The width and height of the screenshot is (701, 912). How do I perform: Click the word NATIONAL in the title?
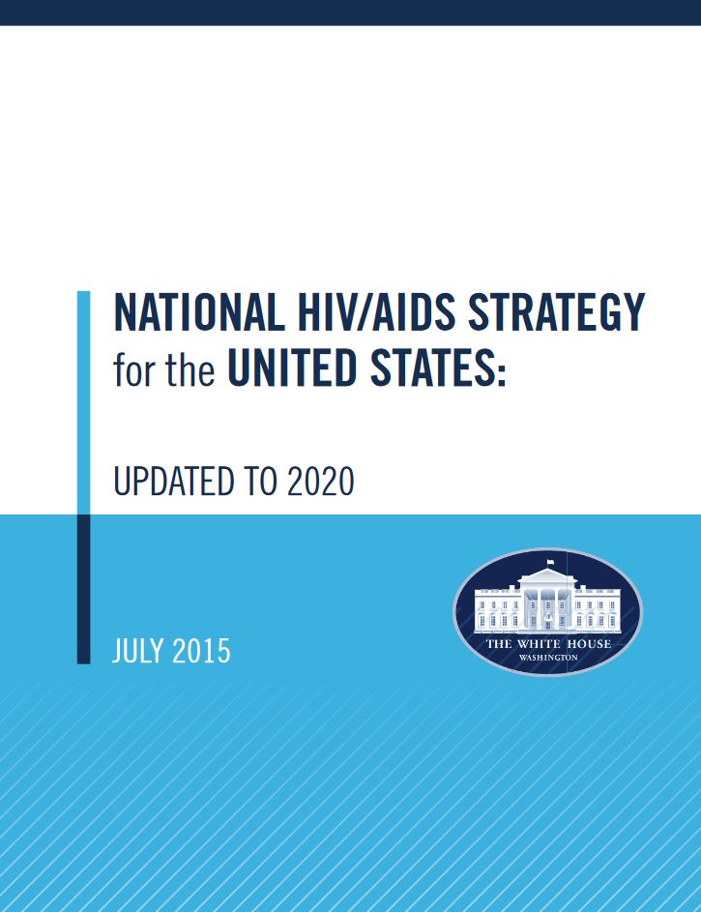pos(199,312)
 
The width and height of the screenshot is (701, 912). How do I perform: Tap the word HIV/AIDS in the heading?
pos(376,312)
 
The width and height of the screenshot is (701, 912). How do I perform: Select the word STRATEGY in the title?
pos(556,312)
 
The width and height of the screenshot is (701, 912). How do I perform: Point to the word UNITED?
pos(292,368)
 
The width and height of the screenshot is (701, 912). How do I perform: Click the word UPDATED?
pos(174,482)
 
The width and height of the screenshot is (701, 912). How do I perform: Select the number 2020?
pos(320,482)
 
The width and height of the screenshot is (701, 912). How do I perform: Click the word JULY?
pos(138,650)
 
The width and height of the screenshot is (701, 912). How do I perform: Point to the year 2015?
pos(201,650)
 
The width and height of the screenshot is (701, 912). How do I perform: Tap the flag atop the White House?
pos(550,563)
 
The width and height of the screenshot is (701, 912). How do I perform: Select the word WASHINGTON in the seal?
pos(548,658)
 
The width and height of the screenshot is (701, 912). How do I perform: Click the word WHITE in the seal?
pos(539,643)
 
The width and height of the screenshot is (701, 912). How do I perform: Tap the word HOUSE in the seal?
pos(590,643)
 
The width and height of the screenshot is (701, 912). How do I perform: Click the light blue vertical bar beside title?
pos(84,402)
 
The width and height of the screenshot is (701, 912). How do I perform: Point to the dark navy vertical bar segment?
pos(84,589)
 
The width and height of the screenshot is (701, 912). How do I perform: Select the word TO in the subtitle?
pos(260,482)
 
